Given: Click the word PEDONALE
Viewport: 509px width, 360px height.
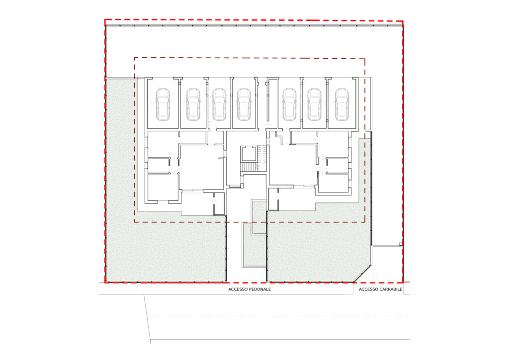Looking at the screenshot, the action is pos(259,289).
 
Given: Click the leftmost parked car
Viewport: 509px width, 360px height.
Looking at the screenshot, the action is pos(163,104).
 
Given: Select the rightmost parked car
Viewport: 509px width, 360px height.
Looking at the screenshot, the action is pos(342,104).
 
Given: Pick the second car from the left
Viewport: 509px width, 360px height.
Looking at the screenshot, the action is pos(193,104).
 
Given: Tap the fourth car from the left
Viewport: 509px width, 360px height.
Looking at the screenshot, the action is pos(244,104).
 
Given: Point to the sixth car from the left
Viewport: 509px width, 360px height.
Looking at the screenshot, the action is pos(315,104).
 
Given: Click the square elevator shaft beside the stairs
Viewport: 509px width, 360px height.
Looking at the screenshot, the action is pos(249,154).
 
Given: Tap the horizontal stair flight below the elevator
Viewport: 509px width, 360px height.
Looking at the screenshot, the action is pos(250,166).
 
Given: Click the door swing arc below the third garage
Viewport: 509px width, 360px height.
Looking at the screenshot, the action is pos(211,125).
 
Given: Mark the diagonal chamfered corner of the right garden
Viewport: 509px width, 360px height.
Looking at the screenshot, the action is pos(362,274).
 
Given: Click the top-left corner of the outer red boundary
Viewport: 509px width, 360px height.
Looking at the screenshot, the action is pos(105,20).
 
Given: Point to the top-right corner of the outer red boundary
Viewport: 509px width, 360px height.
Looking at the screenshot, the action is pos(403,22).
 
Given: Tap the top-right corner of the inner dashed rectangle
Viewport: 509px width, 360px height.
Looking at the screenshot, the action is pos(365,59).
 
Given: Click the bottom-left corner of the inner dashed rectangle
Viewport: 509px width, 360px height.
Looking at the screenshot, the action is pos(135,222).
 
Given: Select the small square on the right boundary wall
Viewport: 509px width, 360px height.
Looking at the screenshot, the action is pos(401,244).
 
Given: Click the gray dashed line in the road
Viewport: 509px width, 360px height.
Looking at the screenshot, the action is pos(278,317).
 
